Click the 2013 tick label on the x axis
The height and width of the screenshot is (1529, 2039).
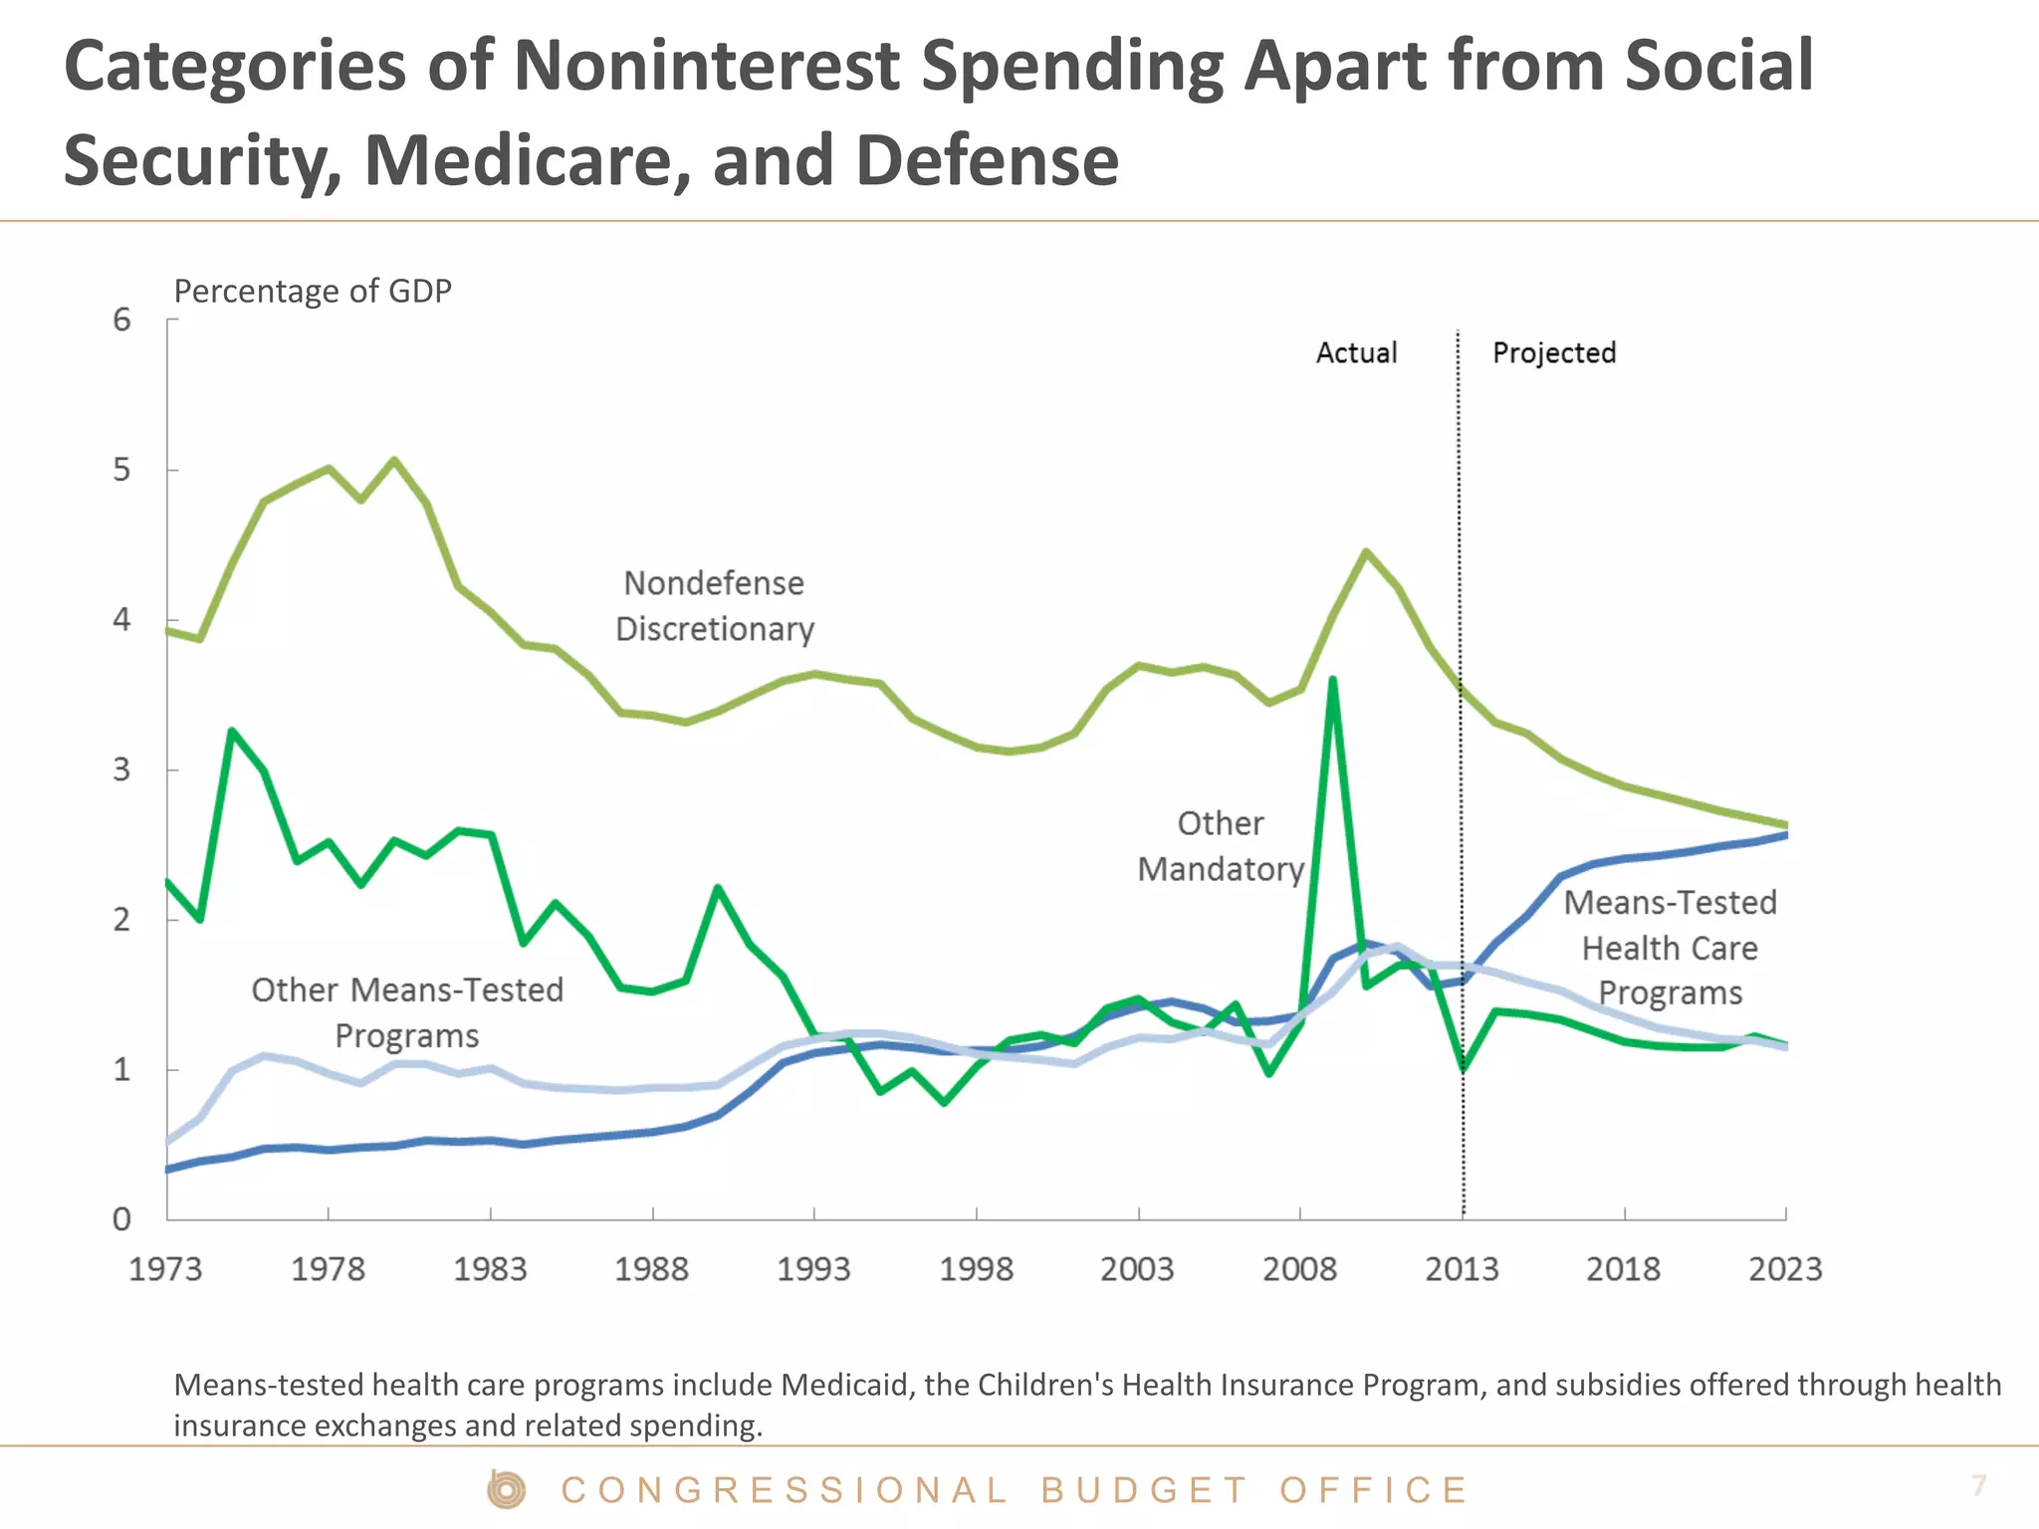[1461, 1269]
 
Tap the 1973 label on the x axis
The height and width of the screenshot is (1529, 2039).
[165, 1269]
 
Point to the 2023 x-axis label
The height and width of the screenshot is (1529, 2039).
[1784, 1269]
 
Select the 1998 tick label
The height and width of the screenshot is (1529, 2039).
[976, 1269]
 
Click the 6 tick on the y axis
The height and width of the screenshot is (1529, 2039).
[121, 320]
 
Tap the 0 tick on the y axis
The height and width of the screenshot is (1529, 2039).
[121, 1219]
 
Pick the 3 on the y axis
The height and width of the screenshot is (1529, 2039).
[121, 769]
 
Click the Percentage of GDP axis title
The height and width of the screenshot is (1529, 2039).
[313, 291]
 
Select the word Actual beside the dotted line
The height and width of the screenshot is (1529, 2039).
[1356, 352]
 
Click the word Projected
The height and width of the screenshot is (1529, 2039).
[1553, 352]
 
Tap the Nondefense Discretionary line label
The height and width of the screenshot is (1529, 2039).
[714, 605]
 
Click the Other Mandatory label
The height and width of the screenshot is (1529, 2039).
[1221, 846]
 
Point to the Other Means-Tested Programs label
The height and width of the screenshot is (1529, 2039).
[407, 1012]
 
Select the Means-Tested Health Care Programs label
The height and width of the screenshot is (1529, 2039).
[1670, 948]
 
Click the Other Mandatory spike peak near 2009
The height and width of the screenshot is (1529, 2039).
[1332, 680]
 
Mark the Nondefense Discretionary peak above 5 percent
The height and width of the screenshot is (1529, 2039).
[394, 460]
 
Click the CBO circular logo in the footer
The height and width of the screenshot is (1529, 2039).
[507, 1489]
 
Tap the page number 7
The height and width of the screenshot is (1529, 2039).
[1978, 1485]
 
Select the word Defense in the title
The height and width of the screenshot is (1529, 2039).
[987, 160]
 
